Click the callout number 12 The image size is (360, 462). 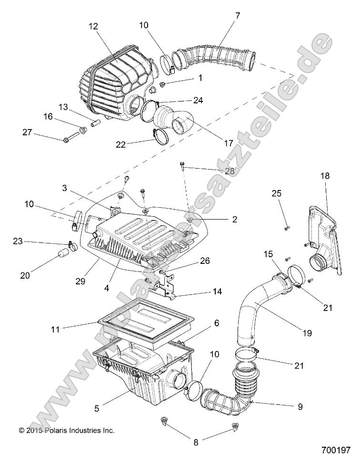[92, 27]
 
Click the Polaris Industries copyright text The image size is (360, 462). [67, 430]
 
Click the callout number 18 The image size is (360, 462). [324, 176]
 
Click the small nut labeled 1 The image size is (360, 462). [162, 85]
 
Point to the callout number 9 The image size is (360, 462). [300, 407]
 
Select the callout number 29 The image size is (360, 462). [80, 281]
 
